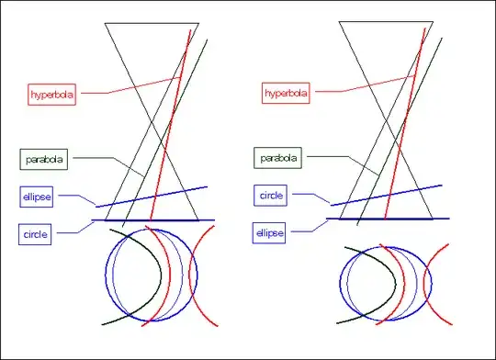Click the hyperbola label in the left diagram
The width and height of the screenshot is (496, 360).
click(51, 94)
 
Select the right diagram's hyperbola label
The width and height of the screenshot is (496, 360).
click(287, 94)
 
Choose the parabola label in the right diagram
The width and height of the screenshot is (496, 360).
click(277, 158)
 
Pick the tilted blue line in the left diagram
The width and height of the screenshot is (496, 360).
click(152, 197)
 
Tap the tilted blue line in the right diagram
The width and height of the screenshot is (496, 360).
click(386, 195)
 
